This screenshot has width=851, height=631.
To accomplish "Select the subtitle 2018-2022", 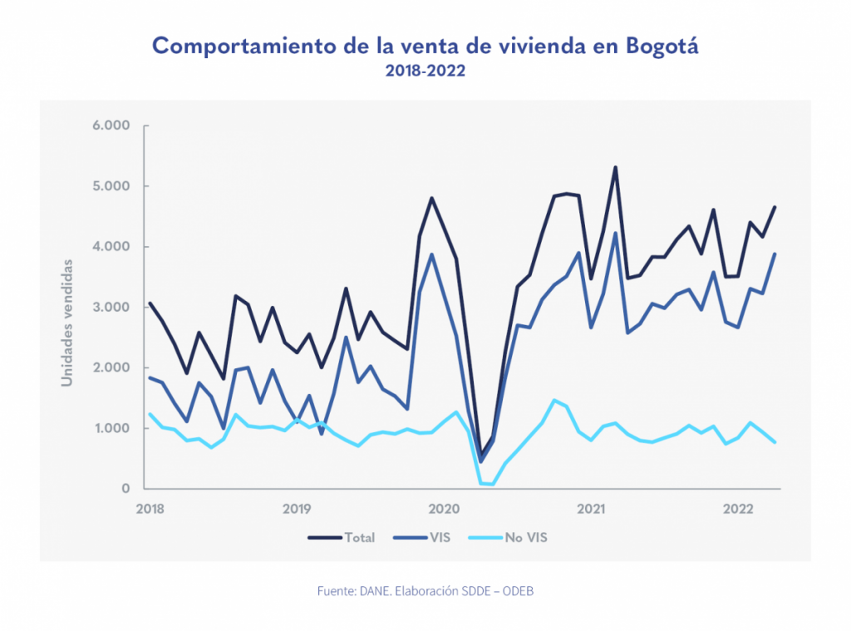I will [x=425, y=71].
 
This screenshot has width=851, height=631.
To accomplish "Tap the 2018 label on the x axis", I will [x=150, y=508].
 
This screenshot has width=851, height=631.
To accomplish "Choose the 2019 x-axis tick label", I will [x=297, y=508].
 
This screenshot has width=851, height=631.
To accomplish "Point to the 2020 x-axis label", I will [x=444, y=508].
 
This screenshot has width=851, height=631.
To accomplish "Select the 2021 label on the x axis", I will [x=590, y=508].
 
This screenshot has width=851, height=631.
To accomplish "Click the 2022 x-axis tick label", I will [x=737, y=508].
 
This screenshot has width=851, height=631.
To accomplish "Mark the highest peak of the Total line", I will [x=615, y=167].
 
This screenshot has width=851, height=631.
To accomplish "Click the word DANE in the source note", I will [x=375, y=591].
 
